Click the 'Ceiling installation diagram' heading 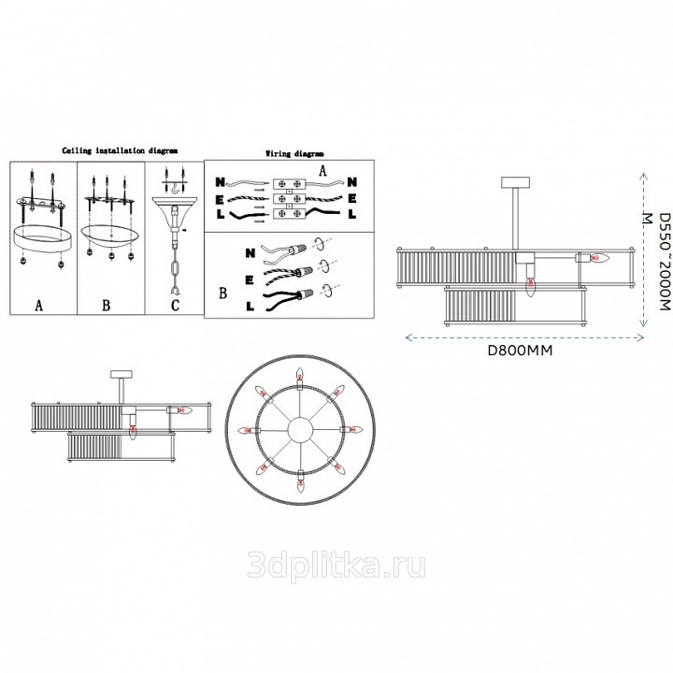coord(120,150)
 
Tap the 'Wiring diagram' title coord(294,153)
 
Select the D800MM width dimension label coord(521,351)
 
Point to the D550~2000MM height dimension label coord(657,262)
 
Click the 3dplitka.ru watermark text coord(336,565)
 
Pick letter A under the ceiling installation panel coord(39,294)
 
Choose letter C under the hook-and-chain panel coord(175,294)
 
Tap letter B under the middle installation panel coord(107,294)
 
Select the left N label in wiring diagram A coord(220,182)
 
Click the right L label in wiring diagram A coord(352,214)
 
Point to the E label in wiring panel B coord(250,280)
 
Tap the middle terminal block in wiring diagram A coord(289,199)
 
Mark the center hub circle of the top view coord(300,430)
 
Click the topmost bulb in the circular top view coord(300,375)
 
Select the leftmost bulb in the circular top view coord(247,430)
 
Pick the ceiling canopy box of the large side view coord(515,182)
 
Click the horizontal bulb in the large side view coord(598,258)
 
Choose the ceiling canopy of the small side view coord(122,374)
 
